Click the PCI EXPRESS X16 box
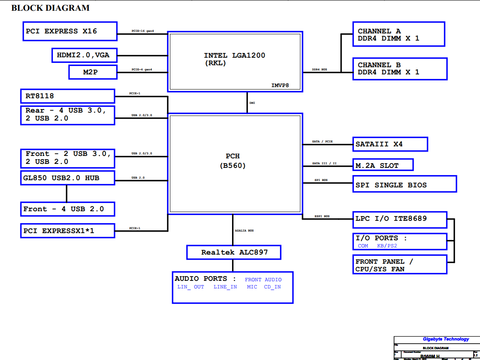[70, 31]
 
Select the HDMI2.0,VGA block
[84, 55]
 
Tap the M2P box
[93, 72]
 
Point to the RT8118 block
[68, 96]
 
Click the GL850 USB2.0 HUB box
[68, 178]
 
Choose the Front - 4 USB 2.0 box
[68, 209]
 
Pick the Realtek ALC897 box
[234, 252]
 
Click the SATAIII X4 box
[390, 144]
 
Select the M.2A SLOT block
[383, 165]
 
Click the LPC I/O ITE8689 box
[400, 219]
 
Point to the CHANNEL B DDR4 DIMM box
[400, 68]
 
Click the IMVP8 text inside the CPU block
[280, 85]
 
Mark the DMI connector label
[252, 103]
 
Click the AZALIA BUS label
[244, 231]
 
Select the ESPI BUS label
[321, 216]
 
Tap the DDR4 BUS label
[320, 70]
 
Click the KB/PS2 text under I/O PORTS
[387, 246]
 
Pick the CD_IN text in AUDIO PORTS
[272, 287]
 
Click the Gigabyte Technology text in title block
[446, 339]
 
